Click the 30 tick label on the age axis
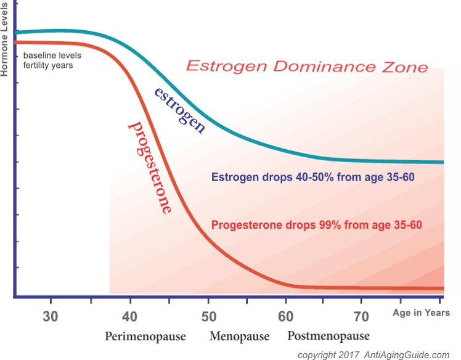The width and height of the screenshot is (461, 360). [x=51, y=317]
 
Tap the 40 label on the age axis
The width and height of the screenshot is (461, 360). [x=129, y=317]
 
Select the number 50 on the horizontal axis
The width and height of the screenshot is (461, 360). [x=209, y=317]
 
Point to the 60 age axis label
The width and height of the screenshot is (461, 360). [x=285, y=317]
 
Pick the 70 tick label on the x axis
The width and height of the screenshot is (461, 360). [x=361, y=317]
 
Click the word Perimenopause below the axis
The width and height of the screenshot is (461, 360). [x=145, y=337]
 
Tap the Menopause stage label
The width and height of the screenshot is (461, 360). [x=239, y=336]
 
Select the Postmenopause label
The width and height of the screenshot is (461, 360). [x=328, y=336]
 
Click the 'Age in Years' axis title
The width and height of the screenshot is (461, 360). [x=421, y=313]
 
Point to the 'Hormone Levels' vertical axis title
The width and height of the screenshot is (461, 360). [x=4, y=39]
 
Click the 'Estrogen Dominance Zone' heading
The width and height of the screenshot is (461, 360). [x=307, y=66]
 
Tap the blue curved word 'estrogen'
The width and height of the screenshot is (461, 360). [x=180, y=110]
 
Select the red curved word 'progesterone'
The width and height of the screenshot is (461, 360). [x=150, y=167]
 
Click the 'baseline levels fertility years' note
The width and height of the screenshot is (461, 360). [x=52, y=60]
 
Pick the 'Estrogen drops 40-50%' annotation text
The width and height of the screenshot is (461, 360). [x=313, y=177]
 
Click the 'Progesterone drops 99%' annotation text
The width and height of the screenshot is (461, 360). [x=317, y=225]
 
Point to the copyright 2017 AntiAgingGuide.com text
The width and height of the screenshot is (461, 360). [x=373, y=355]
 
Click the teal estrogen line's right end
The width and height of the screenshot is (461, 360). [x=443, y=162]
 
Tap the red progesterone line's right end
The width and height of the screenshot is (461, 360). [x=443, y=288]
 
